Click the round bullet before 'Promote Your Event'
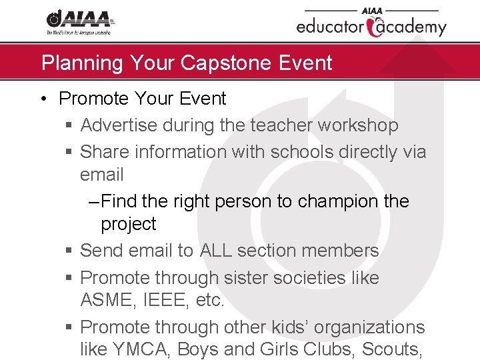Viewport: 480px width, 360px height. point(43,99)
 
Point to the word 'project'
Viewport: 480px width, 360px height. point(129,225)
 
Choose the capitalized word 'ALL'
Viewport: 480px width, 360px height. point(216,251)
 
